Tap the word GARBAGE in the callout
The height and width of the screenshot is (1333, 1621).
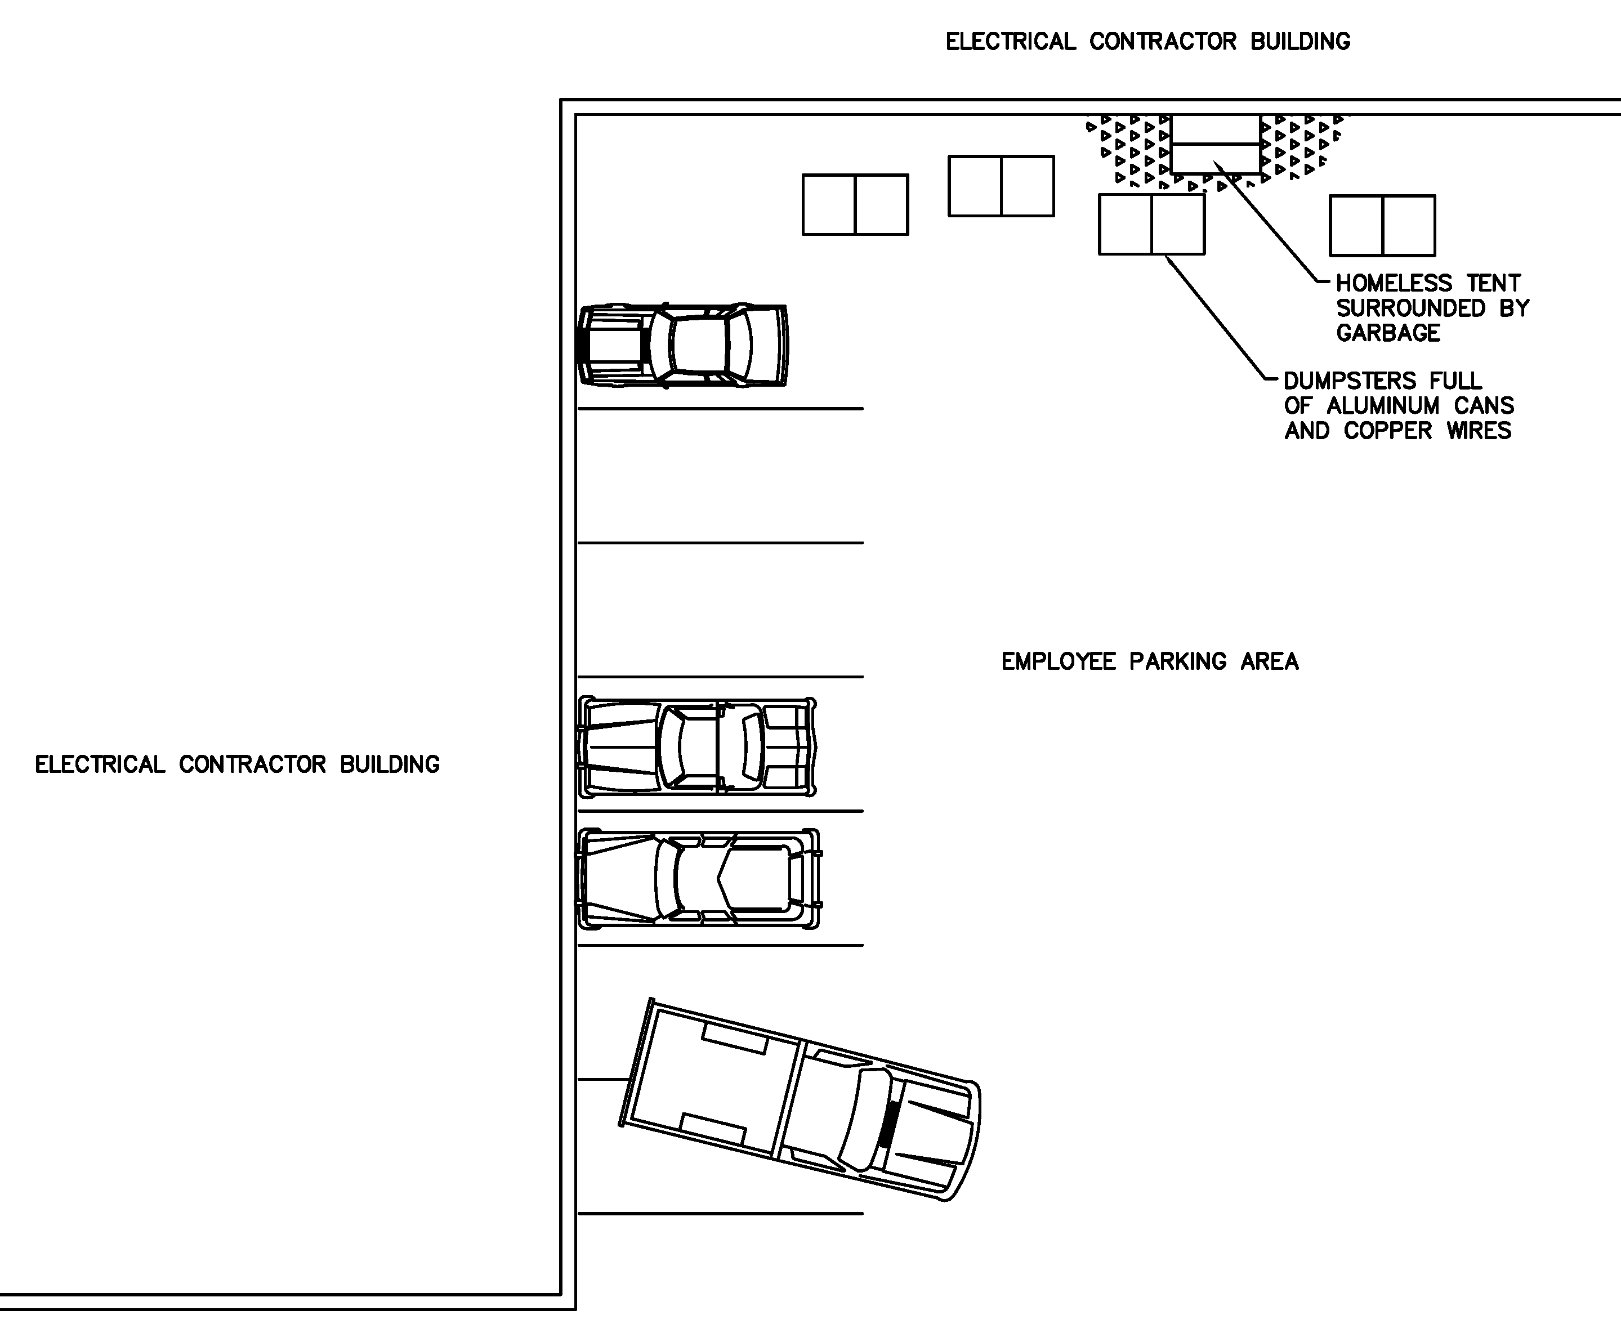(x=1388, y=333)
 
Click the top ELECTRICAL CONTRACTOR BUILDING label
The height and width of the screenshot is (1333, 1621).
(x=1148, y=42)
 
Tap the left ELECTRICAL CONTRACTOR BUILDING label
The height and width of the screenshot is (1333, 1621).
(x=237, y=765)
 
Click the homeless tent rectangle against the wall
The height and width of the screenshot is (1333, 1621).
(x=1215, y=144)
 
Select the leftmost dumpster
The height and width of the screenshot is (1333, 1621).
(x=855, y=204)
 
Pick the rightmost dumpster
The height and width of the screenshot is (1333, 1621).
(x=1382, y=225)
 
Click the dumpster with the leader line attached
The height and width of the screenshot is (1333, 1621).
(x=1152, y=223)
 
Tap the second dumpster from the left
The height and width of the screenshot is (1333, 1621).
(x=1001, y=186)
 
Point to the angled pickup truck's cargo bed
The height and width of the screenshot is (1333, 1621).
(x=711, y=1079)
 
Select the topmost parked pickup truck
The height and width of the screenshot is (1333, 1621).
(x=682, y=345)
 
